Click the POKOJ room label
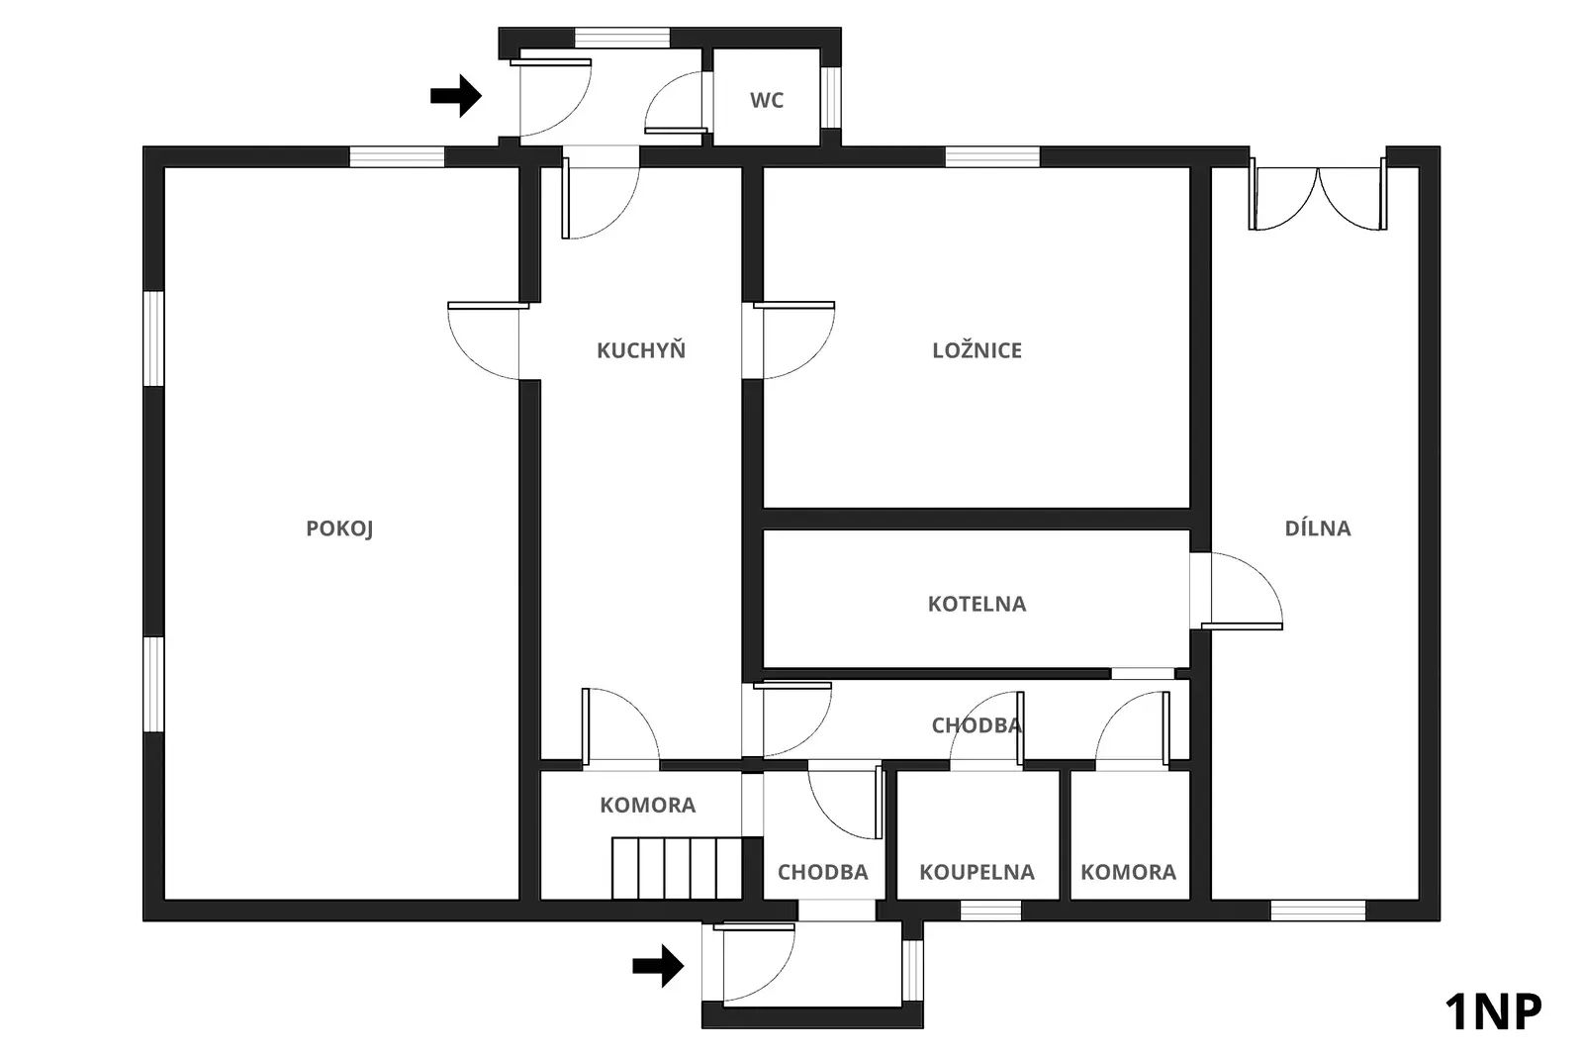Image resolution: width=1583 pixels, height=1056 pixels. [x=339, y=528]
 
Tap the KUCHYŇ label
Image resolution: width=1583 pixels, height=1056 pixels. [x=640, y=350]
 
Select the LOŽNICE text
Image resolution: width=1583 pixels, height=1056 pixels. [x=977, y=350]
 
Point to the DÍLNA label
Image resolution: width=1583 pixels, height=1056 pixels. [x=1317, y=528]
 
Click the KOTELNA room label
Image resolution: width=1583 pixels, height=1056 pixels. [x=977, y=604]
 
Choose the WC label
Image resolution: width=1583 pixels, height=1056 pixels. [x=767, y=100]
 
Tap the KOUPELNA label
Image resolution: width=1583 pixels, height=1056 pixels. [x=977, y=873]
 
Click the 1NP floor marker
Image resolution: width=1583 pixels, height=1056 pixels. [x=1493, y=1012]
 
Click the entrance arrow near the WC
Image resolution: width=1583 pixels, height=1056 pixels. [x=455, y=96]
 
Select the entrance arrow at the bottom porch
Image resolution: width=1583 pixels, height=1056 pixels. [x=658, y=966]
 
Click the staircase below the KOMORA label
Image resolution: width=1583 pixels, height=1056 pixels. [x=677, y=868]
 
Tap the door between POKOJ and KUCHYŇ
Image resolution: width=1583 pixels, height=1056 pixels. [x=484, y=339]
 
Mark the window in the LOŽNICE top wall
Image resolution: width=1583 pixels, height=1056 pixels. [x=992, y=156]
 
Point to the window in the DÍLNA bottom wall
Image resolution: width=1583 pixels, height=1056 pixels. [x=1317, y=911]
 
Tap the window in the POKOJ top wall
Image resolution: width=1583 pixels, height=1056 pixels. [x=396, y=156]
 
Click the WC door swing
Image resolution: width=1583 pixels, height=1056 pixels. [x=675, y=105]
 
